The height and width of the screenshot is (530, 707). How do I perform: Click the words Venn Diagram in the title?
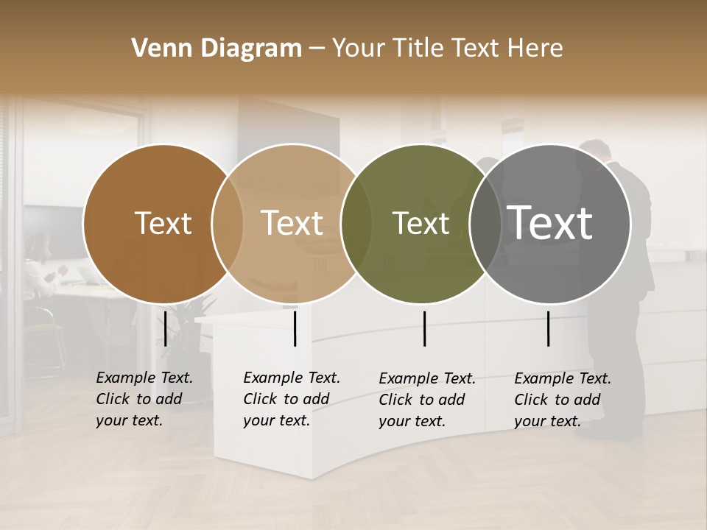217,49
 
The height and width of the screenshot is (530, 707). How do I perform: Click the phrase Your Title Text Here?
447,49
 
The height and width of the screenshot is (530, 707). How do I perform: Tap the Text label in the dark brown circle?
163,223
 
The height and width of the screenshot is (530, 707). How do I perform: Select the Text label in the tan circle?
292,223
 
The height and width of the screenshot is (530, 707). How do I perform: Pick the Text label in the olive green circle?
421,223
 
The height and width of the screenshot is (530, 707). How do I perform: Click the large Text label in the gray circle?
550,222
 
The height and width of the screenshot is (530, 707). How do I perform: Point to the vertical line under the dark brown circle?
166,328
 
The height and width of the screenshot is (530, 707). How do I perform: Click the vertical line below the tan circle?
295,328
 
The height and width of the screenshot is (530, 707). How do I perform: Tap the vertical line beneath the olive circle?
424,328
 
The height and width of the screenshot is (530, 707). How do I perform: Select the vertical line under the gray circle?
548,328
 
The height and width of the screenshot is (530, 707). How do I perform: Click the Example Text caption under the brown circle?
144,399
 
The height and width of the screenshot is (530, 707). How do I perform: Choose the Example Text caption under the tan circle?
292,399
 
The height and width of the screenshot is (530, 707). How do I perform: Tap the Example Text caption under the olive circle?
427,400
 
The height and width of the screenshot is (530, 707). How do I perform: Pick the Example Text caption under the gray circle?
563,400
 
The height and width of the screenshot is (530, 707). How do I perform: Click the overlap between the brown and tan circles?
228,223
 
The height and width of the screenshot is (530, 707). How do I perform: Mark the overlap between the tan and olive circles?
357,223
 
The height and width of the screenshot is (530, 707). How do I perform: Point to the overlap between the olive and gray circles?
485,223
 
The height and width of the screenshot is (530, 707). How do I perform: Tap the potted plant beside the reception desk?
194,324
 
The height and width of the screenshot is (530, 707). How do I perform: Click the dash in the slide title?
317,49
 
